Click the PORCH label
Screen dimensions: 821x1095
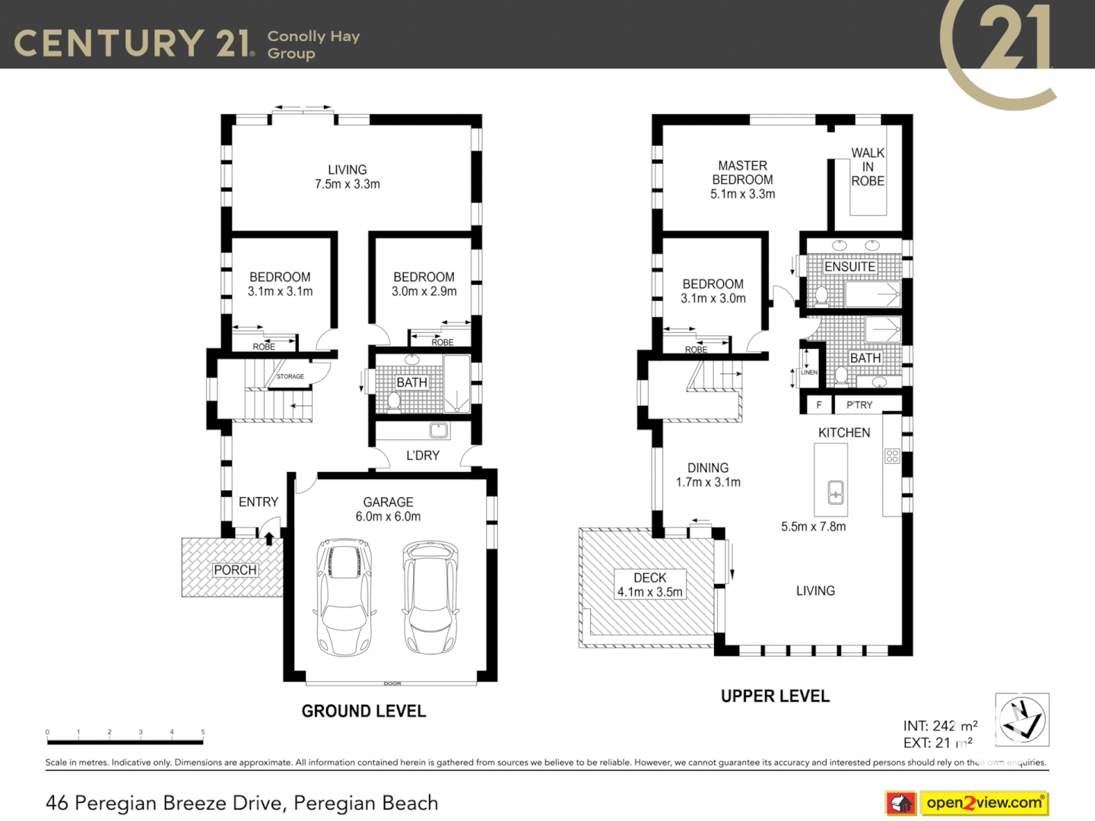[235, 569]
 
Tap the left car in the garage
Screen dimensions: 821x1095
[344, 598]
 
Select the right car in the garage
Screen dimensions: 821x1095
[430, 597]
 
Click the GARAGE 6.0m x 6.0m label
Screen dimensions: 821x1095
[388, 509]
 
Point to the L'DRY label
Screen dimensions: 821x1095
[423, 455]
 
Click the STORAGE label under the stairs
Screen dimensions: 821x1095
[290, 376]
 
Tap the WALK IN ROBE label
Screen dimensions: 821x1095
[868, 167]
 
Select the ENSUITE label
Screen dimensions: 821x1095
[849, 267]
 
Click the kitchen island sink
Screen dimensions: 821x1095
[835, 493]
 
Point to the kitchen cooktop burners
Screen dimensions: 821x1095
[892, 456]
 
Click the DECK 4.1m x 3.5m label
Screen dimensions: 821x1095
[649, 585]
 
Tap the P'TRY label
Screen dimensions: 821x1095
[859, 405]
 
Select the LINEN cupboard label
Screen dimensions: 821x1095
[809, 372]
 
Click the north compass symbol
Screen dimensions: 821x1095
[1022, 719]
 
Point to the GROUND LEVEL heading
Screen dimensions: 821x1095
[363, 712]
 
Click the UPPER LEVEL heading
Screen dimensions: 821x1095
[775, 696]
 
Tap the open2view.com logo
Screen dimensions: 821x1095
[984, 803]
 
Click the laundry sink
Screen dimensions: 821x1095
[439, 431]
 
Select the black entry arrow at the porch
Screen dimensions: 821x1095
[269, 538]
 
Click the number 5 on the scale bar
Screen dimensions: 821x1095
[202, 732]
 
